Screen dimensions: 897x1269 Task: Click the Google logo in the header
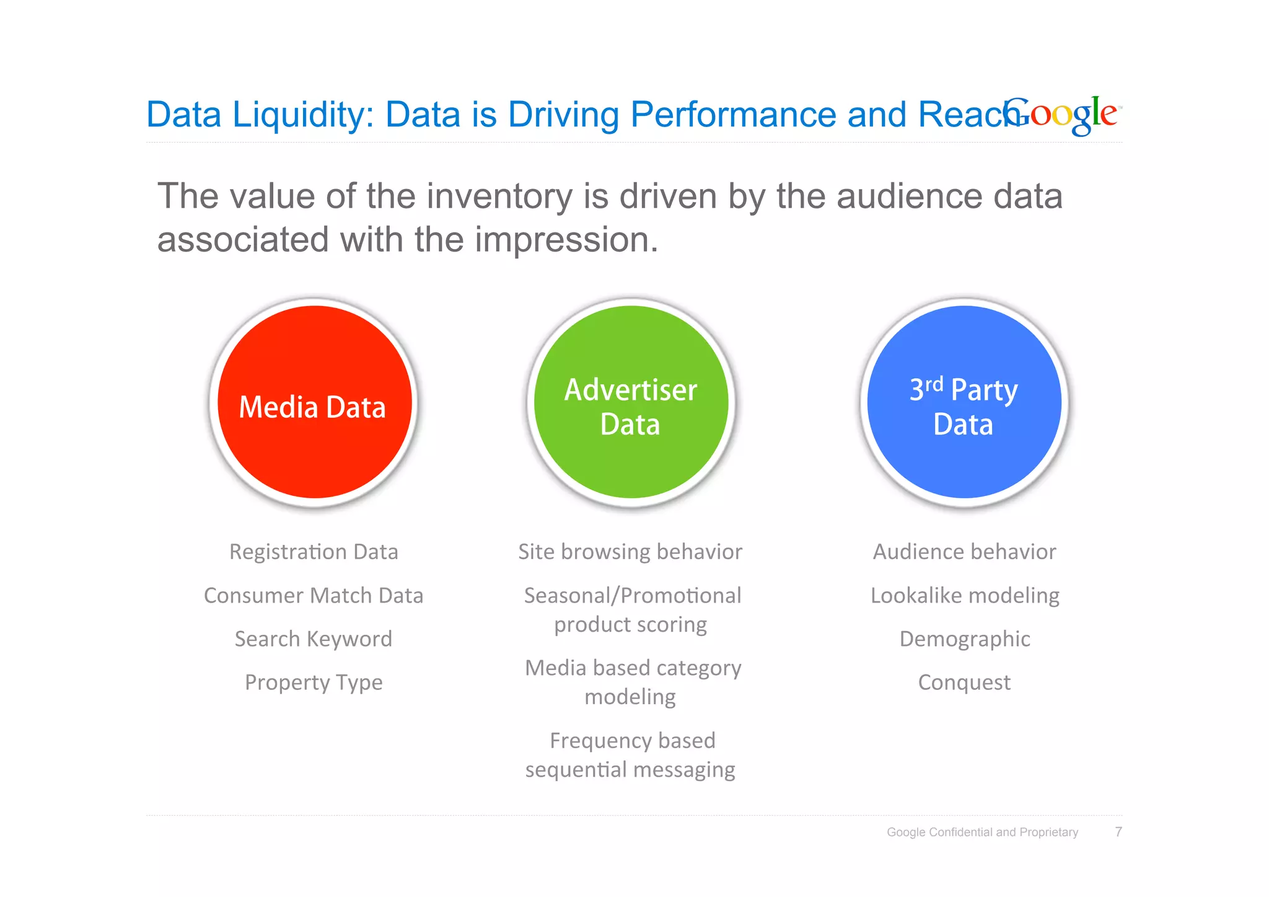(x=1061, y=115)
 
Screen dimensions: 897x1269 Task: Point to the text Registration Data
(x=314, y=552)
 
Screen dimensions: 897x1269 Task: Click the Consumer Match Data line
(x=314, y=595)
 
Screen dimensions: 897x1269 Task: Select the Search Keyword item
(x=314, y=639)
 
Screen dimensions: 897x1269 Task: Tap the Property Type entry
(x=314, y=682)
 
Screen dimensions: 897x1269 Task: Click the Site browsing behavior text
(x=630, y=552)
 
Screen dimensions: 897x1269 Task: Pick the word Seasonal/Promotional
(x=633, y=595)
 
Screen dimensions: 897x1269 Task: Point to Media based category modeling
(x=632, y=682)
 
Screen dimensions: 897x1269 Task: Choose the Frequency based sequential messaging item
(x=631, y=754)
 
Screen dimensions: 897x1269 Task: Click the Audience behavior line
(x=964, y=552)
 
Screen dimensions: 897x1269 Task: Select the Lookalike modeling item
(x=965, y=595)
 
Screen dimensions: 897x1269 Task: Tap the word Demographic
(x=965, y=639)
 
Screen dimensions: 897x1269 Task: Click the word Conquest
(x=964, y=682)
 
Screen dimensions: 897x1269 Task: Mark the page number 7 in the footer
(x=1118, y=832)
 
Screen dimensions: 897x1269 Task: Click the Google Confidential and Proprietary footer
(x=982, y=832)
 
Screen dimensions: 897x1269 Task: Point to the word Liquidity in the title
(x=303, y=115)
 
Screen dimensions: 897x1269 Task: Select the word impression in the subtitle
(x=565, y=240)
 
